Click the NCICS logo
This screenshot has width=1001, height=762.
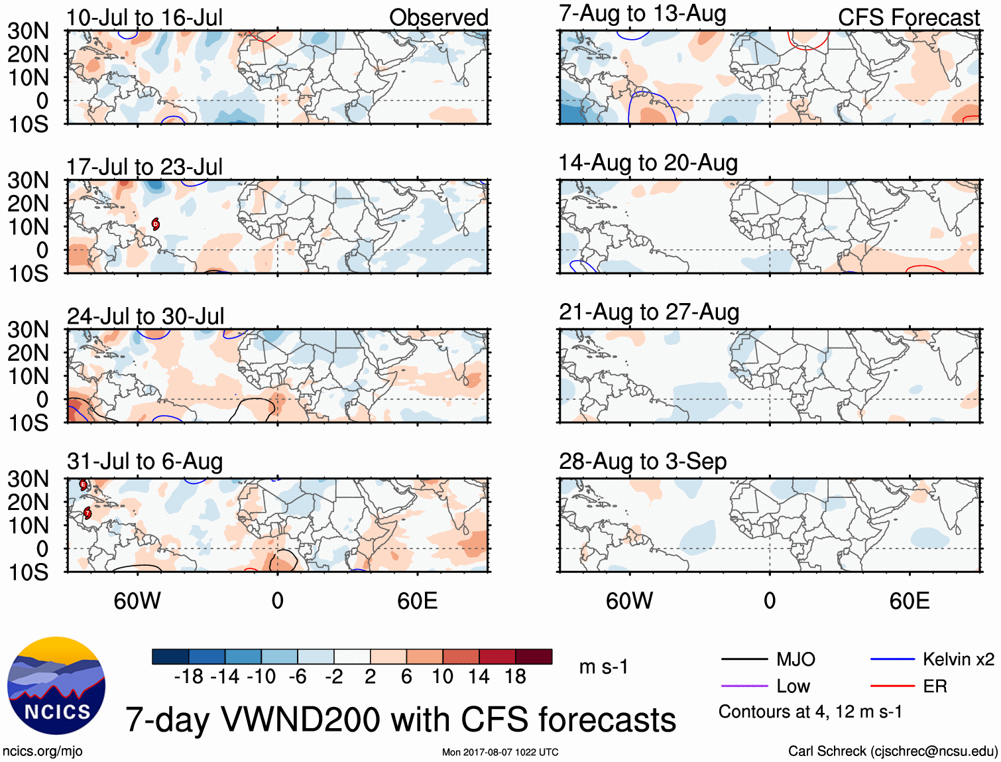[56, 686]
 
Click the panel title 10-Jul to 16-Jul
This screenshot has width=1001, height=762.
[145, 18]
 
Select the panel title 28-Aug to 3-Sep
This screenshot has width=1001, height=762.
[642, 462]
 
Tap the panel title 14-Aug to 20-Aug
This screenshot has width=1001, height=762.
[648, 163]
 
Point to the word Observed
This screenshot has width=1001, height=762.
[438, 18]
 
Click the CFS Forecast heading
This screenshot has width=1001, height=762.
[908, 18]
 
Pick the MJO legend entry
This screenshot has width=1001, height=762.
[795, 659]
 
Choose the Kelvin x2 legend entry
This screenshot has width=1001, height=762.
[958, 659]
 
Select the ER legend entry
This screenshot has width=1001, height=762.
[935, 686]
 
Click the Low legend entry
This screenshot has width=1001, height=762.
[793, 686]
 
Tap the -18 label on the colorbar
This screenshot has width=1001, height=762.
[188, 676]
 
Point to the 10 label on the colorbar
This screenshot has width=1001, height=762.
[442, 676]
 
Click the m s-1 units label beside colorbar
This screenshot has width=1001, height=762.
[603, 667]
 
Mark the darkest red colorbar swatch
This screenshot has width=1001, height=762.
[534, 657]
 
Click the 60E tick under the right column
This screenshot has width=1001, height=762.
[909, 601]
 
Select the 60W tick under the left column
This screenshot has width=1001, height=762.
[137, 601]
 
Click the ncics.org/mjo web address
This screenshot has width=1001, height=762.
[42, 751]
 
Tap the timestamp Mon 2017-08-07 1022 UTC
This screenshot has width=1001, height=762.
[500, 752]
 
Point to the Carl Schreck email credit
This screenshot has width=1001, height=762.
[892, 751]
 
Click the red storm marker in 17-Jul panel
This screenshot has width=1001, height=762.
[155, 223]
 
